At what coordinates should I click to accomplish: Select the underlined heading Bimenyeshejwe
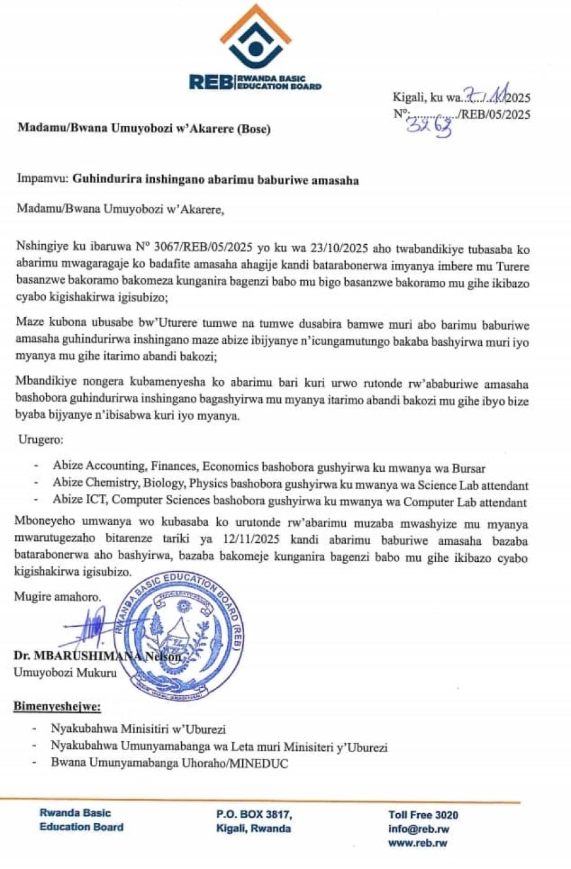click(x=57, y=706)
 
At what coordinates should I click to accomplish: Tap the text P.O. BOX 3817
click(x=254, y=815)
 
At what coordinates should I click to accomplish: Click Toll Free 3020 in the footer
click(x=423, y=815)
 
